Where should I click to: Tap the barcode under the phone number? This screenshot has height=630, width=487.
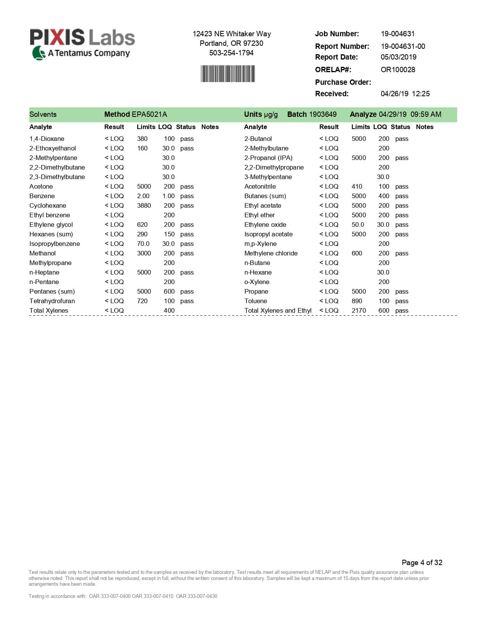tap(228, 74)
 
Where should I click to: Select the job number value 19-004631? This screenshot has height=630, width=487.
tap(397, 34)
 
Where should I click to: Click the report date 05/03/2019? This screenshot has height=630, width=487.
tap(398, 57)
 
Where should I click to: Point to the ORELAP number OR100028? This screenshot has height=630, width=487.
tap(398, 69)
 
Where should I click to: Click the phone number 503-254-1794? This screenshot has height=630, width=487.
tap(231, 53)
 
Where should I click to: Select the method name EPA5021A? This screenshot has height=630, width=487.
tap(149, 114)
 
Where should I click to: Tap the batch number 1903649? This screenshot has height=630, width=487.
tap(322, 114)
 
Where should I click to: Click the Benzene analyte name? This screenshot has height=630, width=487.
tap(42, 196)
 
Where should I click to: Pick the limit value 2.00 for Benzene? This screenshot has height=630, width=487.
tap(143, 196)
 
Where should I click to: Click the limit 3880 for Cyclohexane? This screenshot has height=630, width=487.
tap(144, 205)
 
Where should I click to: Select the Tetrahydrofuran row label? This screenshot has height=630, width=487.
tap(52, 301)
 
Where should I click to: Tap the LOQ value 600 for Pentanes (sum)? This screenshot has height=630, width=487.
tap(169, 291)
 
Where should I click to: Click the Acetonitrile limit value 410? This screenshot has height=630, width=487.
tap(357, 186)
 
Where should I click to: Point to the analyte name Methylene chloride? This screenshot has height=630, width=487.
tap(271, 253)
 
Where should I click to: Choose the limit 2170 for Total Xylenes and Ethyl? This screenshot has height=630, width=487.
tap(359, 310)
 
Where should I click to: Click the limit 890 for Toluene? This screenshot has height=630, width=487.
tap(357, 301)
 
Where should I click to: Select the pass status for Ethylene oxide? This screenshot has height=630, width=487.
tap(401, 225)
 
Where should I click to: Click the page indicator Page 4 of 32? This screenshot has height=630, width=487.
tap(422, 562)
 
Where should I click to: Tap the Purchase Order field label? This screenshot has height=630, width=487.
tap(343, 82)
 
